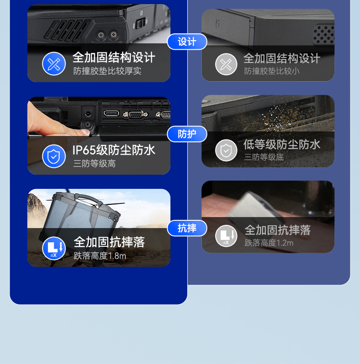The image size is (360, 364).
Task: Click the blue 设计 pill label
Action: click(187, 42)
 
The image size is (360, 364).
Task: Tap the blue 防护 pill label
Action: click(187, 134)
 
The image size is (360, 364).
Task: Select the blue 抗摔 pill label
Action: click(187, 228)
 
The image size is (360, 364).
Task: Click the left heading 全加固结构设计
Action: click(114, 57)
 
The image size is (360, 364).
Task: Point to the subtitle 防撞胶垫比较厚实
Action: click(107, 71)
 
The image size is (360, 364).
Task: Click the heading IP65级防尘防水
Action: click(114, 150)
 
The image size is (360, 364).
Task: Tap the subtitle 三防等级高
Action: click(94, 163)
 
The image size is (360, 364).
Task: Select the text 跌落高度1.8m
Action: click(100, 256)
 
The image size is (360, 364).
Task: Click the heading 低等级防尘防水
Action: click(282, 145)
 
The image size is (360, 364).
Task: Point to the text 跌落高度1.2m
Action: click(269, 243)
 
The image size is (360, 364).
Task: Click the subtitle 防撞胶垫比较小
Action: click(272, 71)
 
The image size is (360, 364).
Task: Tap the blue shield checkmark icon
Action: click(54, 156)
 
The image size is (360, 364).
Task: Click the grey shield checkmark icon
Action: click(226, 151)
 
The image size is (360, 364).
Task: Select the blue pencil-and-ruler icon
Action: click(54, 64)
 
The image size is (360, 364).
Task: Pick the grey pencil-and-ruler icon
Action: click(226, 64)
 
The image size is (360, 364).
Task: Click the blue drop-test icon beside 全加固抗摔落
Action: click(54, 249)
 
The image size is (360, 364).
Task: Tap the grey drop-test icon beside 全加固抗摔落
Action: click(226, 236)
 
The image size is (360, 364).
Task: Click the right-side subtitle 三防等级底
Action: click(263, 157)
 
